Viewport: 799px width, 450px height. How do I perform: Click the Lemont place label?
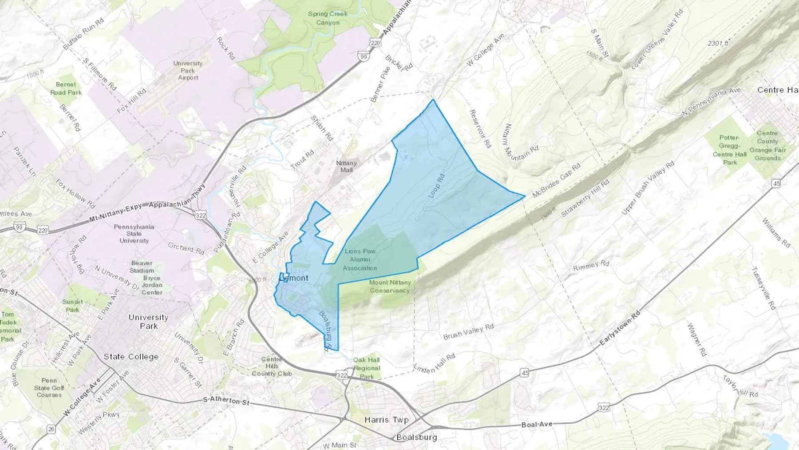tap(294, 278)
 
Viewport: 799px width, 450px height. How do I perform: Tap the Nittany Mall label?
tap(346, 167)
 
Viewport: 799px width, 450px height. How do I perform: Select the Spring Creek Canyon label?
tap(328, 18)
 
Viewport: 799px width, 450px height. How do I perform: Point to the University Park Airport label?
tap(188, 70)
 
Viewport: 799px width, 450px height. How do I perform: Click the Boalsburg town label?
tap(416, 437)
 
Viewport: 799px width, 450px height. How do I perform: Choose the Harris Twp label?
tap(386, 420)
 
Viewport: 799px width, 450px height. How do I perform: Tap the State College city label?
tap(131, 357)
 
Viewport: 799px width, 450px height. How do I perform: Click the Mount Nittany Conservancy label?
tap(390, 287)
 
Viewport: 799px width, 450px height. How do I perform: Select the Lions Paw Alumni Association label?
tap(360, 259)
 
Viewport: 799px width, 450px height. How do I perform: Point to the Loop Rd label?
tap(436, 186)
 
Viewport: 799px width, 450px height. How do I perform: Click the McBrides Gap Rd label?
tap(556, 180)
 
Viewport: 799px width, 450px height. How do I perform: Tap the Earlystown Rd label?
tap(620, 329)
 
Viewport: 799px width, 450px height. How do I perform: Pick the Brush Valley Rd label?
tap(468, 332)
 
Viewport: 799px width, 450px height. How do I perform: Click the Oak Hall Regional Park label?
tap(367, 368)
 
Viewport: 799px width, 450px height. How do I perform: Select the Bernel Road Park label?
tap(66, 88)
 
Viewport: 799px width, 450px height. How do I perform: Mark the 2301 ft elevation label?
tap(718, 44)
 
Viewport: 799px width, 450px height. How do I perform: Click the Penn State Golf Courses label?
tap(49, 388)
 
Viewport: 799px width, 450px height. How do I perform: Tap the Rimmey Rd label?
tap(591, 266)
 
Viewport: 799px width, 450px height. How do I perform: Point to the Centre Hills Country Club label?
tap(272, 366)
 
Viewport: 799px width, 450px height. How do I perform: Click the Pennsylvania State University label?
tap(134, 234)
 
